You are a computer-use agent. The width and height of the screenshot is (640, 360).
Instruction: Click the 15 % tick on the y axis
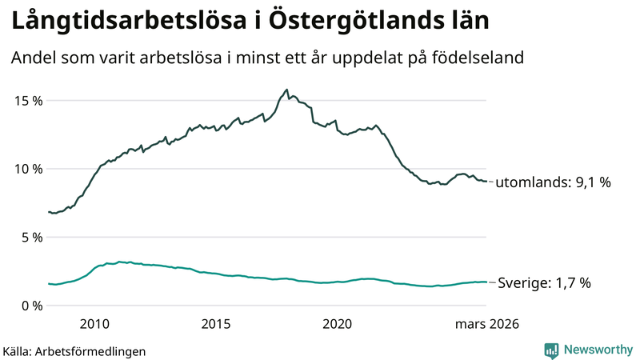coord(26,101)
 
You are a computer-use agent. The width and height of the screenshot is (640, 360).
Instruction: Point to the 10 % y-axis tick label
coord(26,169)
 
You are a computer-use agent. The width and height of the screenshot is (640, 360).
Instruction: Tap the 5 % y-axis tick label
coord(30,238)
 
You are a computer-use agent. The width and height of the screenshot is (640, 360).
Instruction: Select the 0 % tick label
coord(30,306)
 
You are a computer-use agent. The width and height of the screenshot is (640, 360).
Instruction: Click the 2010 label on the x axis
coord(94,324)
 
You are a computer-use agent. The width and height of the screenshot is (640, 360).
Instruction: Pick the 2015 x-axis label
coord(215,324)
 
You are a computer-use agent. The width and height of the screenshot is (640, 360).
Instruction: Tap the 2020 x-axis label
coord(337,324)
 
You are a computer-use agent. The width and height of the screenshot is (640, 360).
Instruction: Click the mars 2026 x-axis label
coord(487,324)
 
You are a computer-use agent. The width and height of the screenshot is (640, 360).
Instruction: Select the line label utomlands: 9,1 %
coord(553,182)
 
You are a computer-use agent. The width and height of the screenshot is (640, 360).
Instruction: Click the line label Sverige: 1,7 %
coord(544,282)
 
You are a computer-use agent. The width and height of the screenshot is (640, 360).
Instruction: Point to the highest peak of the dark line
coord(286,90)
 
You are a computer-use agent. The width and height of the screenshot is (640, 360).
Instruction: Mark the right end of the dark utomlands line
coord(486,182)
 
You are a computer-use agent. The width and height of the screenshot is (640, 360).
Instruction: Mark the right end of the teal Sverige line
coord(486,282)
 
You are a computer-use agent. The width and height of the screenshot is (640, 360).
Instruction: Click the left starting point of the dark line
coord(49,212)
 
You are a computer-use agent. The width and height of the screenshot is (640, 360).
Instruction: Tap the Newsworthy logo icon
coord(551,350)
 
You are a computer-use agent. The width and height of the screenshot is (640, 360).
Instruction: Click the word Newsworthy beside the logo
coord(598,350)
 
